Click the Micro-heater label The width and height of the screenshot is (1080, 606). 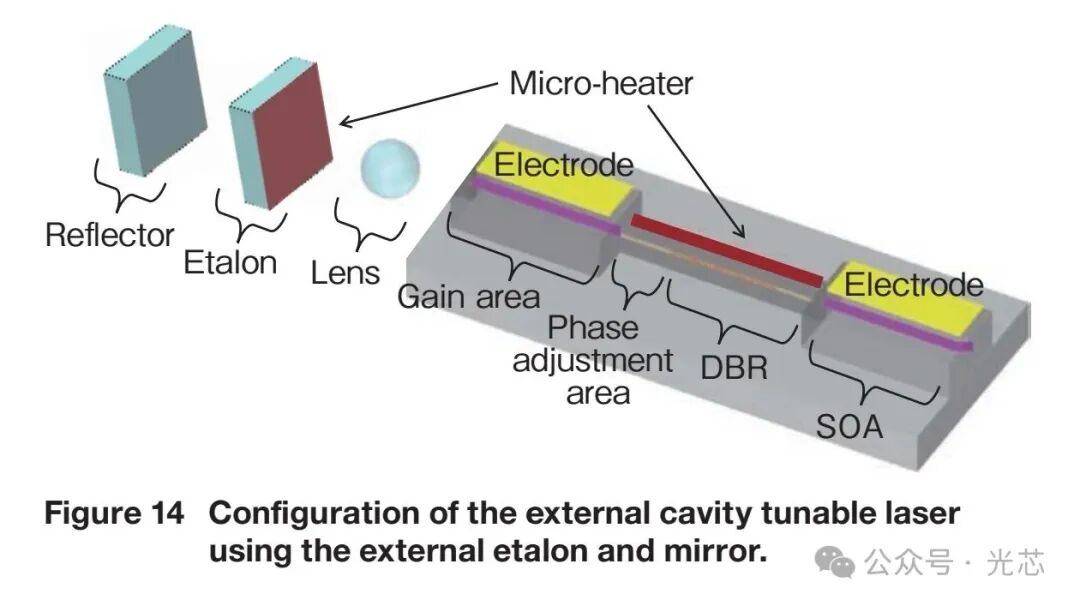point(601,82)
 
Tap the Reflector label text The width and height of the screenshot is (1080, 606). point(110,236)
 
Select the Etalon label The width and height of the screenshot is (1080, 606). point(230,262)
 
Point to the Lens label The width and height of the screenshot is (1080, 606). point(345,272)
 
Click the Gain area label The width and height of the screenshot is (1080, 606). point(468,296)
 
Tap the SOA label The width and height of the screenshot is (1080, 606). point(849,427)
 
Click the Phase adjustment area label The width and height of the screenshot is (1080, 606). point(593,359)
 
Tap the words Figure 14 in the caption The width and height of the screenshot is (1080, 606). point(114,514)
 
